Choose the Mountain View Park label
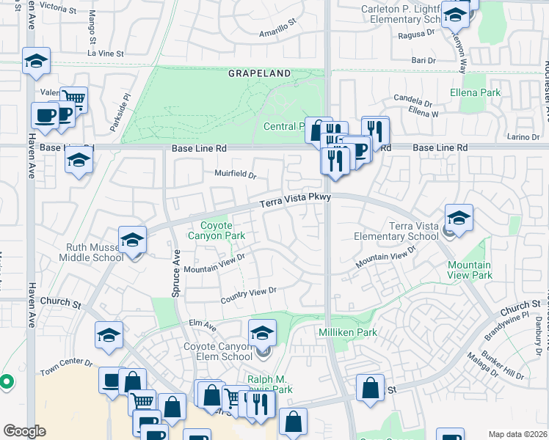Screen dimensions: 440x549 469,270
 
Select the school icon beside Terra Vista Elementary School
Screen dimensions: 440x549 459,218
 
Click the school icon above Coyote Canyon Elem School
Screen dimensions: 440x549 262,333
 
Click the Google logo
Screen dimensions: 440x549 24,431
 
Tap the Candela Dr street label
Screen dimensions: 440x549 413,101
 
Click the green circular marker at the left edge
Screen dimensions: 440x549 6,381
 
